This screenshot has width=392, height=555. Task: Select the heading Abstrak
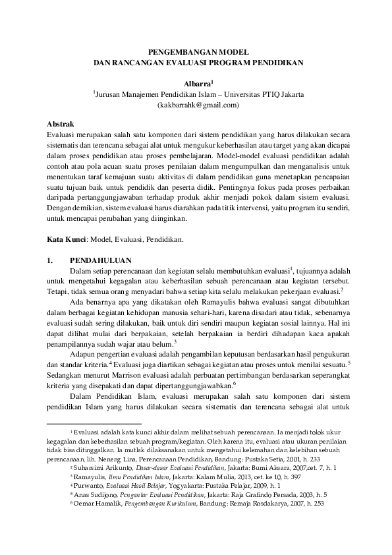tap(61, 123)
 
